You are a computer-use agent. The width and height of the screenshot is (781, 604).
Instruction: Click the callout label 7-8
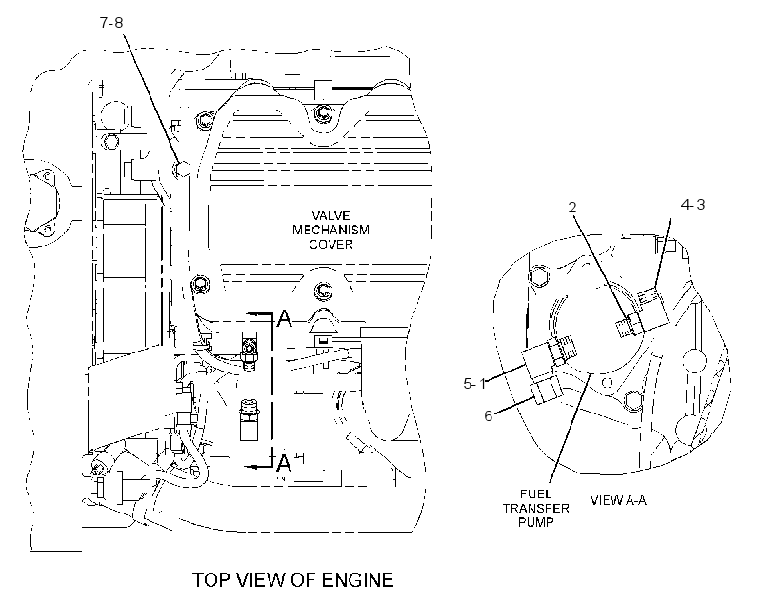(x=111, y=23)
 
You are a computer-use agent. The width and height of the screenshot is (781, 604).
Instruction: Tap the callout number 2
(x=572, y=208)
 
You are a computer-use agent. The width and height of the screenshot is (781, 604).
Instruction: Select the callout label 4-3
(x=692, y=204)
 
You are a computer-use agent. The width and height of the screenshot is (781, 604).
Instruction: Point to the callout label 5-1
(x=474, y=383)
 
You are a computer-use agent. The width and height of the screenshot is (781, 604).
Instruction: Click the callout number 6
(x=489, y=415)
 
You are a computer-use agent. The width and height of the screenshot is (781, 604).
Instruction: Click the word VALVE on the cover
(x=330, y=216)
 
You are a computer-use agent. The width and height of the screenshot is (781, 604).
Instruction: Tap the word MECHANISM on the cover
(x=330, y=230)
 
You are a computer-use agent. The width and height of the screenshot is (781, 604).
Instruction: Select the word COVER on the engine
(x=330, y=244)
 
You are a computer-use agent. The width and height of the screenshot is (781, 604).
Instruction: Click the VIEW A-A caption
(x=618, y=500)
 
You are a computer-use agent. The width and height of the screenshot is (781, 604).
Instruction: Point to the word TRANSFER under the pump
(x=535, y=509)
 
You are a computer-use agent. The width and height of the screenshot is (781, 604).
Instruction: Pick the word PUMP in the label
(x=535, y=522)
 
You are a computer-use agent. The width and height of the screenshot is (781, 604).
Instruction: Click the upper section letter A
(x=285, y=318)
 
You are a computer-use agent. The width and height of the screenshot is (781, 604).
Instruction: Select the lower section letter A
(x=284, y=462)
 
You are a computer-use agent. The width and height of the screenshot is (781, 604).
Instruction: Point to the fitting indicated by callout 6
(x=548, y=389)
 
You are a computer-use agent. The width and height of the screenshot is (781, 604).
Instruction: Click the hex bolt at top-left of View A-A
(x=538, y=275)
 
